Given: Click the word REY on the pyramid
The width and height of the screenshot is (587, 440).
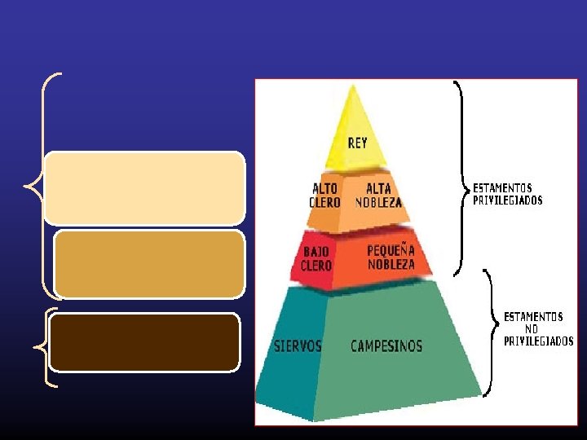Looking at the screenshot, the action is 357,143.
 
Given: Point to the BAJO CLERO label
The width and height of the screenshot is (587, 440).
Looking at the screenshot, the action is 316,259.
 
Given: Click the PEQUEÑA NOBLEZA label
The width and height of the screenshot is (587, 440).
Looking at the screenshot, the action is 391,257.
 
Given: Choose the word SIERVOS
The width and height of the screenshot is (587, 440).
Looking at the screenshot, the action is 298,345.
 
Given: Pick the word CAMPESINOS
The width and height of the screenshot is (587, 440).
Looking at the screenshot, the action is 386,346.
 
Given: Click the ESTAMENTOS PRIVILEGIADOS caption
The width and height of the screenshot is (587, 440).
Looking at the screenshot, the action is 507,194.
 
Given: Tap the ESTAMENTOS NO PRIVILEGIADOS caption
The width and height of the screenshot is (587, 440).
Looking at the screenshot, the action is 538,328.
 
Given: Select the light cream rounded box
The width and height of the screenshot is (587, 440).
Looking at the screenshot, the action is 144,187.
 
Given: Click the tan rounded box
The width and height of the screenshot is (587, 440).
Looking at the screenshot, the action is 149,263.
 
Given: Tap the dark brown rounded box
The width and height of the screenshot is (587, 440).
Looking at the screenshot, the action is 144,342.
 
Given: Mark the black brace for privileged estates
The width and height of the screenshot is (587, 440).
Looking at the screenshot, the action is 461,179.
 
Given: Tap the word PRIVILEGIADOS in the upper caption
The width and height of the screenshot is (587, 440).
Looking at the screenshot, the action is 507,200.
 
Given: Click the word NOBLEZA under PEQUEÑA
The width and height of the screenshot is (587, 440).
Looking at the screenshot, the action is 391,264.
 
